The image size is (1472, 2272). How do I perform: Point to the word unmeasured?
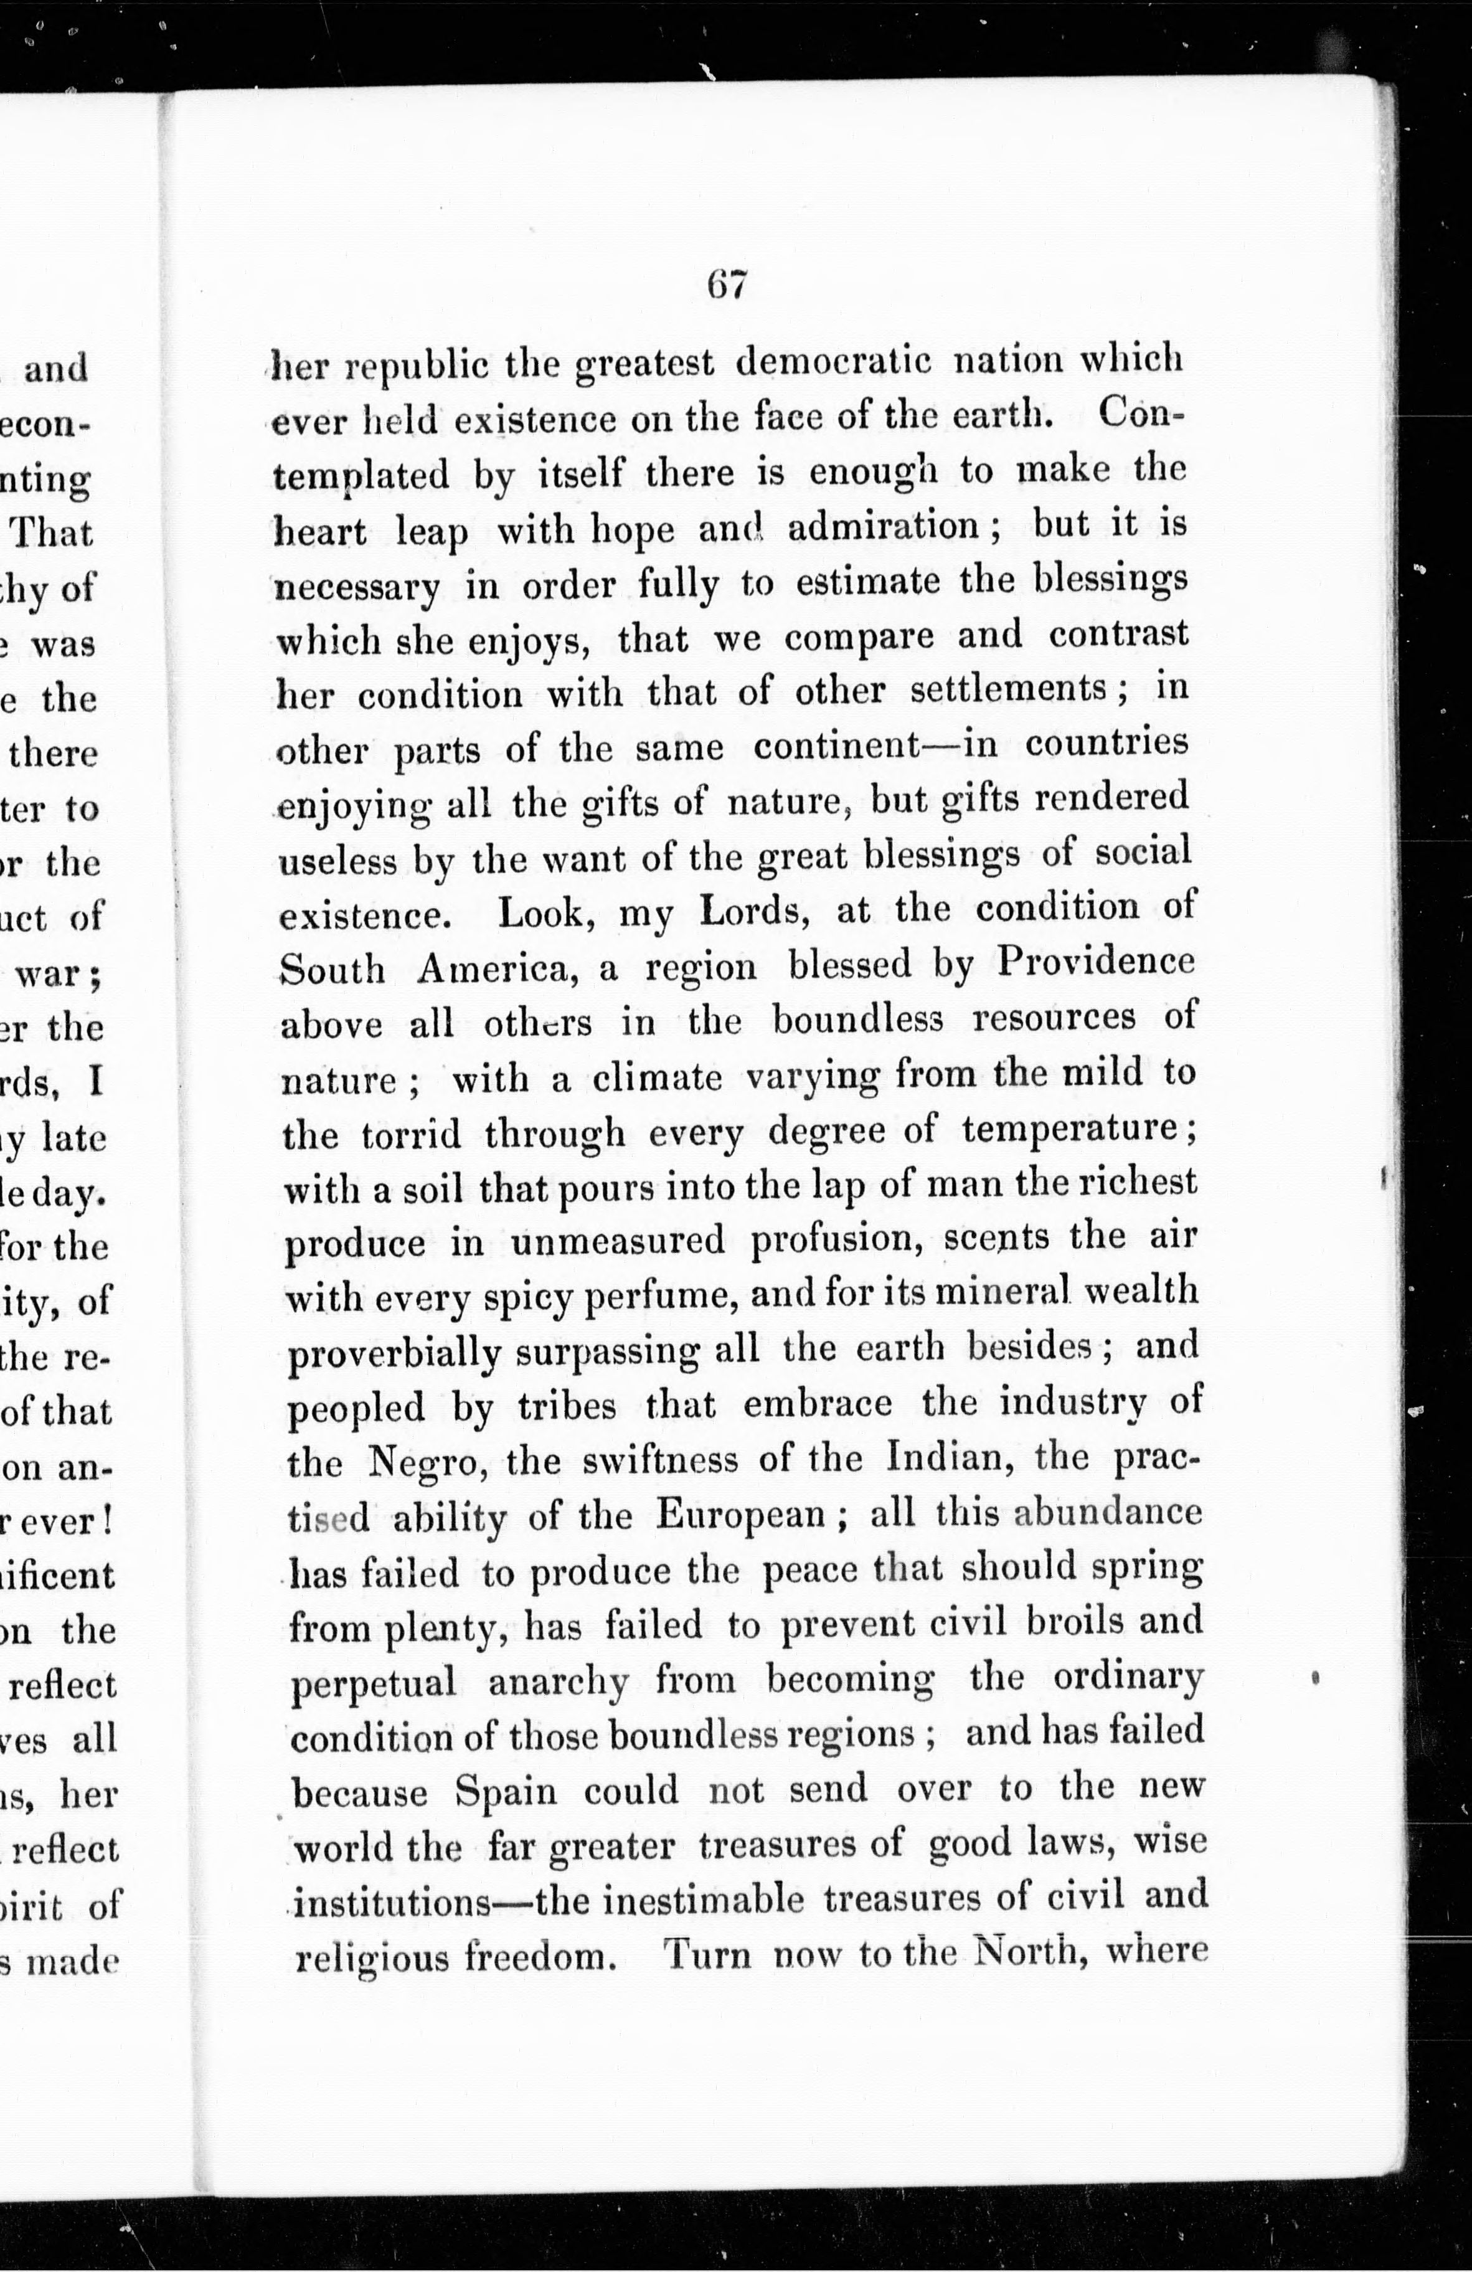(x=618, y=1242)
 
